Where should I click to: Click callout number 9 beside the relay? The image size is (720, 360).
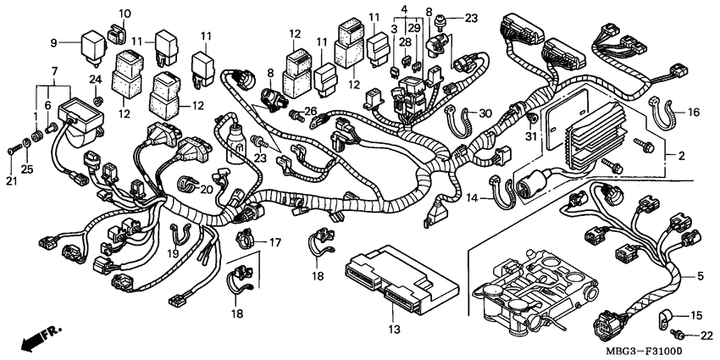(x=53, y=42)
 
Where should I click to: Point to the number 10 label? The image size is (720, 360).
(x=125, y=14)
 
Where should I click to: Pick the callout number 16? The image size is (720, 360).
(x=693, y=111)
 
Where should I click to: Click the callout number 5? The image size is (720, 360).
(x=700, y=275)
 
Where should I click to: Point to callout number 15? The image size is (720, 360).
(x=696, y=316)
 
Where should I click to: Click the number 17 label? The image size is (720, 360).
(x=274, y=242)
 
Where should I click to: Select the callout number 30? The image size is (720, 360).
(x=485, y=114)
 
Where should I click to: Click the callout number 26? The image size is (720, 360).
(x=310, y=111)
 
